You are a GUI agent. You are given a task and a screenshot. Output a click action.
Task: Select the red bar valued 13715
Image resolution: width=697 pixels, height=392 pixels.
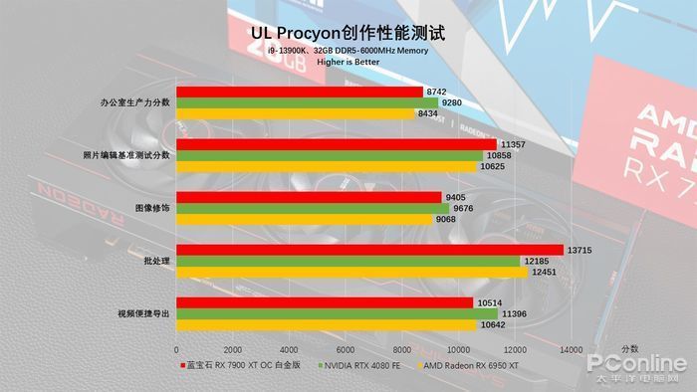pyautogui.click(x=369, y=250)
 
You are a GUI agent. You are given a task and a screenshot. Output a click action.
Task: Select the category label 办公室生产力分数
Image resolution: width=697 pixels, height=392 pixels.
pyautogui.click(x=135, y=102)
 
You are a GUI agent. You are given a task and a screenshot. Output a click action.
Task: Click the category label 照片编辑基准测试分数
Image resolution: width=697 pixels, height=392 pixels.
pyautogui.click(x=126, y=155)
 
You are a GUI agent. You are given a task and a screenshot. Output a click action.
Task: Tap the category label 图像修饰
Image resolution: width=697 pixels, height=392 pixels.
pyautogui.click(x=151, y=208)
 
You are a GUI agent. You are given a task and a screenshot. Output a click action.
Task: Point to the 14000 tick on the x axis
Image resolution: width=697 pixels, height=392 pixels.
pyautogui.click(x=571, y=350)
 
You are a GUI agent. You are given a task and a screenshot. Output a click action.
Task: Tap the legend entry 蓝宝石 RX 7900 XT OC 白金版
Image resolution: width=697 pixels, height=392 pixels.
pyautogui.click(x=238, y=365)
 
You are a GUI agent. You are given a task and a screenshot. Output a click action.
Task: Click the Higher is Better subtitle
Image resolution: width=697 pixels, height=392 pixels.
pyautogui.click(x=348, y=62)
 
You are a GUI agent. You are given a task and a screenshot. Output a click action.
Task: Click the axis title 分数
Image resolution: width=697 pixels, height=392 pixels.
pyautogui.click(x=630, y=349)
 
